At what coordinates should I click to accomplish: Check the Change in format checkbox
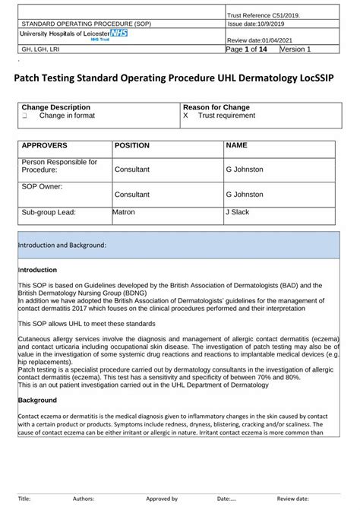(24, 117)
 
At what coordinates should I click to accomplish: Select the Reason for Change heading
(216, 108)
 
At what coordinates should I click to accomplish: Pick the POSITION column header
(131, 145)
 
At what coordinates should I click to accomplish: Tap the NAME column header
(236, 145)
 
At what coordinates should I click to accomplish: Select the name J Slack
(237, 212)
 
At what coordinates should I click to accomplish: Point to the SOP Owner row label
(42, 185)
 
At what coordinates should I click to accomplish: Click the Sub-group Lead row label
(49, 213)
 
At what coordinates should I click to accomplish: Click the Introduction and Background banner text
(62, 245)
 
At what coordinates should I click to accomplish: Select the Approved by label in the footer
(162, 499)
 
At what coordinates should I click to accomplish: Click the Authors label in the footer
(83, 499)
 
